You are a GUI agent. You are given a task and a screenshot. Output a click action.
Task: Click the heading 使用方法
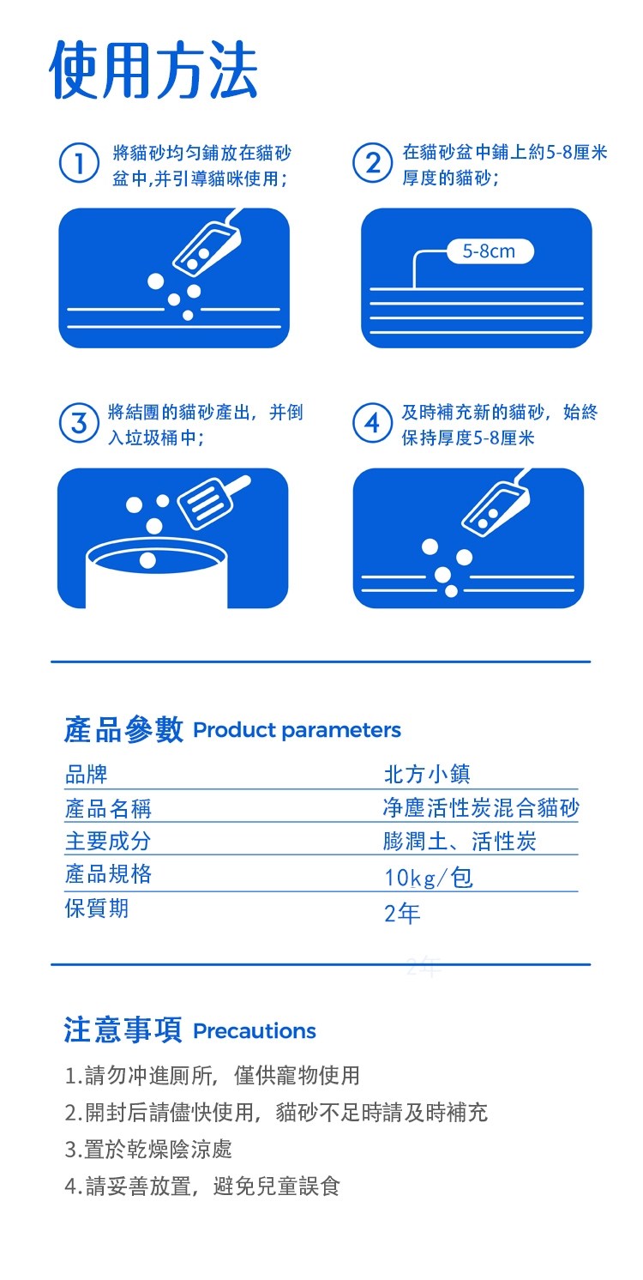click(154, 71)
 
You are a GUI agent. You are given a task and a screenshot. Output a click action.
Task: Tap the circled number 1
click(79, 163)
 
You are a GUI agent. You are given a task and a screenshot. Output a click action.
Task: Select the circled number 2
click(372, 163)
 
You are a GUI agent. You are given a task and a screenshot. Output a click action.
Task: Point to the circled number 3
click(79, 424)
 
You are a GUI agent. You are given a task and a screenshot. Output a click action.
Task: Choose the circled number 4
click(372, 424)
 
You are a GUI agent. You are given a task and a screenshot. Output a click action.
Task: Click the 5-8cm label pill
click(490, 251)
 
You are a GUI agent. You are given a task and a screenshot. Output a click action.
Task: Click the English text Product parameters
click(297, 730)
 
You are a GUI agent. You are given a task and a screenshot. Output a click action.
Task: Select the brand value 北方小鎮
click(427, 774)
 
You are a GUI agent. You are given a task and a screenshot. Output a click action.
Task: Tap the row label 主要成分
click(108, 841)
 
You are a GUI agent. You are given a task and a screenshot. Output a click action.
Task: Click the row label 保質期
click(97, 908)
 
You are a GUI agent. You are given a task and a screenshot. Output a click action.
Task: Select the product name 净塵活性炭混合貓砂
click(481, 808)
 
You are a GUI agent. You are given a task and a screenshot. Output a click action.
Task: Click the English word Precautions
click(255, 1031)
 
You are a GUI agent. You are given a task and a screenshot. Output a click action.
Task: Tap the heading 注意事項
click(123, 1029)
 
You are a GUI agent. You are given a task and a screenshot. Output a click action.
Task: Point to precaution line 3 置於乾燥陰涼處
click(148, 1149)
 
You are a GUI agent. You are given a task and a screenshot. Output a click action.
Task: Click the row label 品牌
click(87, 775)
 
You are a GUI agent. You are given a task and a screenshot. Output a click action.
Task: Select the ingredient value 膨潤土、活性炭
click(460, 841)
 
